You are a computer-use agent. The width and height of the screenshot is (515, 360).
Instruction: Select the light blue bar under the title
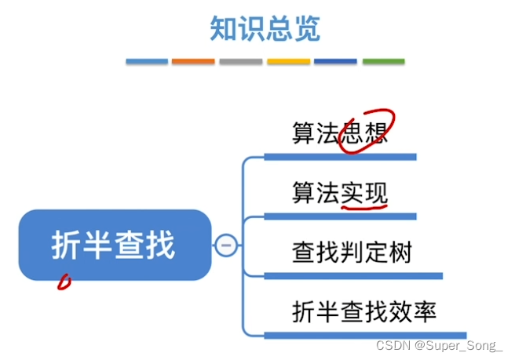(x=147, y=61)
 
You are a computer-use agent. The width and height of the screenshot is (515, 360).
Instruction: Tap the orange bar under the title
(x=193, y=61)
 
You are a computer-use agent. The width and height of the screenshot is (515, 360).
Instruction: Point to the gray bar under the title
(x=240, y=61)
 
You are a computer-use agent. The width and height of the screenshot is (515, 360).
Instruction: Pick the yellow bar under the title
(x=288, y=61)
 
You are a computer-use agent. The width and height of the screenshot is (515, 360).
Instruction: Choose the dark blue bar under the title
(x=335, y=61)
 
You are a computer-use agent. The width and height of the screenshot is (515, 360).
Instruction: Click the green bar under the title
(x=383, y=61)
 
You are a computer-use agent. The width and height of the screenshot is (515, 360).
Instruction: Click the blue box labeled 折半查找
(x=114, y=245)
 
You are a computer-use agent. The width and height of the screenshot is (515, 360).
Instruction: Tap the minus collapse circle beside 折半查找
(x=226, y=245)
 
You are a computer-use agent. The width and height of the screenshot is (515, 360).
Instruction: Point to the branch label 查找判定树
(x=352, y=253)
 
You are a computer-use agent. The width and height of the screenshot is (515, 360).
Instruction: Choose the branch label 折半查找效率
(x=363, y=312)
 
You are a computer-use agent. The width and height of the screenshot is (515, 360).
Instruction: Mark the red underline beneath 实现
(x=365, y=206)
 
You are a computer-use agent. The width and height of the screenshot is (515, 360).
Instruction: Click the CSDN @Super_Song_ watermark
(x=440, y=346)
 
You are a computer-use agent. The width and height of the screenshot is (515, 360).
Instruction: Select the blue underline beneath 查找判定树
(x=353, y=276)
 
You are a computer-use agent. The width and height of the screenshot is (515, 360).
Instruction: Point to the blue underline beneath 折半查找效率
(x=365, y=336)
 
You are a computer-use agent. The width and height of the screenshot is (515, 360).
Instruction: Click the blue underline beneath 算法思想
(x=340, y=157)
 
